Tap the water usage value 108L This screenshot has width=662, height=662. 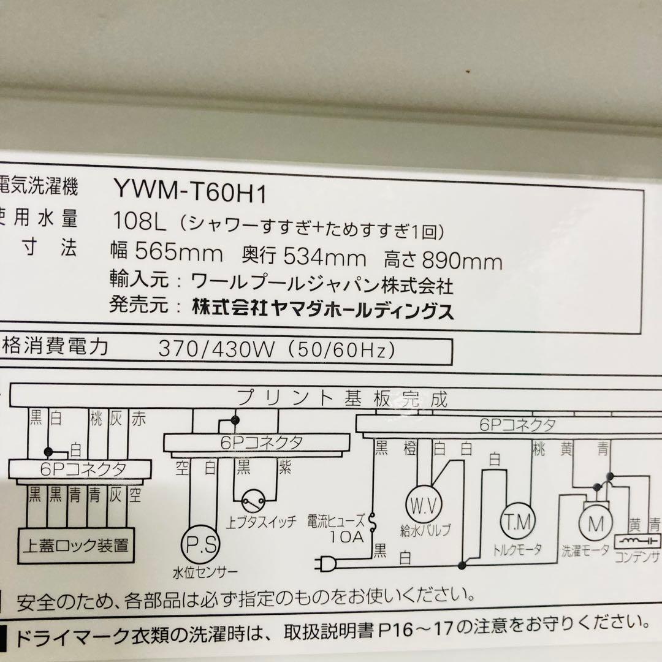[x=140, y=219]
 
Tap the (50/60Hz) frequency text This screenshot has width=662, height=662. [x=344, y=351]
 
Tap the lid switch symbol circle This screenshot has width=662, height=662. [x=254, y=501]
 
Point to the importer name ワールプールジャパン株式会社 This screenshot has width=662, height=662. [x=322, y=284]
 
